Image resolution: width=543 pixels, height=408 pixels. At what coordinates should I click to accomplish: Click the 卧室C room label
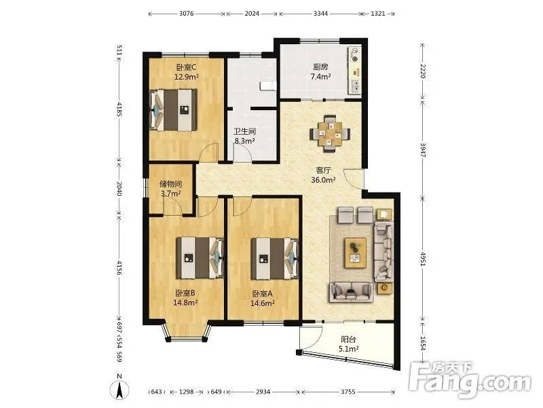[x=186, y=67]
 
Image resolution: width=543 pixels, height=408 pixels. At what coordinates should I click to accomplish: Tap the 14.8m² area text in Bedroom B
[x=185, y=303]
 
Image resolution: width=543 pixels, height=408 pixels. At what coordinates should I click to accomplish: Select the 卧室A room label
[x=263, y=294]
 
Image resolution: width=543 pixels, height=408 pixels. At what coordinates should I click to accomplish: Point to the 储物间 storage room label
[x=170, y=184]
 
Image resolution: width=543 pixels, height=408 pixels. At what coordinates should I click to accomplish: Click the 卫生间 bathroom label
[x=244, y=131]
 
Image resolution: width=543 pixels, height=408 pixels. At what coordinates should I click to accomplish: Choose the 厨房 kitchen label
[x=320, y=67]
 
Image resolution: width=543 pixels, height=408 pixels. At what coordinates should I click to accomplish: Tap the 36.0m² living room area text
[x=323, y=180]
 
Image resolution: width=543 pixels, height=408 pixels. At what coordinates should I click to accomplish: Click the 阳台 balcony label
[x=348, y=339]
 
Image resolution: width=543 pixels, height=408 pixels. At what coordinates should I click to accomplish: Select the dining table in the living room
[x=330, y=133]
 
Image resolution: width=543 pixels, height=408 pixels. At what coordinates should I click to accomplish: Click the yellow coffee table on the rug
[x=356, y=252]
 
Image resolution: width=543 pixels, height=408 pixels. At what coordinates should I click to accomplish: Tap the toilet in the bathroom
[x=268, y=86]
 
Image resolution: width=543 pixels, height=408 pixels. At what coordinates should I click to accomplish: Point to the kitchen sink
[x=355, y=86]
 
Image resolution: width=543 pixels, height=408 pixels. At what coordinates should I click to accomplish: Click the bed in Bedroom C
[x=173, y=110]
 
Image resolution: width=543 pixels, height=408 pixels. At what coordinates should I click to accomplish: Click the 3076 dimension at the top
[x=186, y=14]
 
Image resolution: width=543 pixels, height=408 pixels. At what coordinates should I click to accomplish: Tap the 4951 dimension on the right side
[x=422, y=258]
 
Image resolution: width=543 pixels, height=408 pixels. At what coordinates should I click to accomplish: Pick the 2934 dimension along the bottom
[x=263, y=392]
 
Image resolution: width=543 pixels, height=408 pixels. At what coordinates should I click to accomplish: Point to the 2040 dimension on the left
[x=119, y=189]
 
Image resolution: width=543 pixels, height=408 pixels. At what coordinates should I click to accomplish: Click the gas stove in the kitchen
[x=355, y=54]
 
